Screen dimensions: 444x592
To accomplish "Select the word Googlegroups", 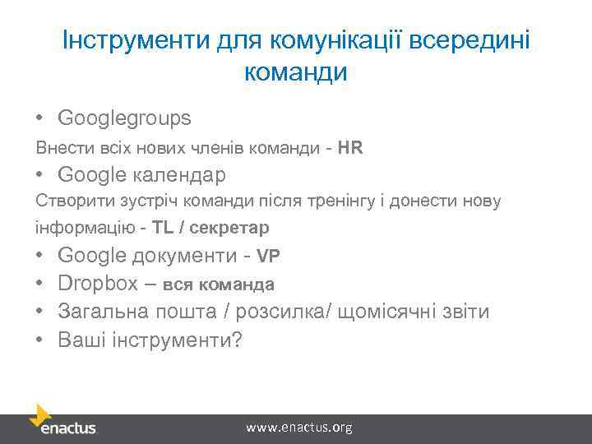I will (x=125, y=118).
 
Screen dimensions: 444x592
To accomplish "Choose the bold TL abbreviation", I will (x=162, y=226).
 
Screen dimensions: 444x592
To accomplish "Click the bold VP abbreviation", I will (x=269, y=256).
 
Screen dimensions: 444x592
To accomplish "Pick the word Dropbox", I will (x=98, y=284).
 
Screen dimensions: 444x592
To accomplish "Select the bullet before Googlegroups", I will (x=39, y=119).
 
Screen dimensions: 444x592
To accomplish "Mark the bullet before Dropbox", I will (x=39, y=284).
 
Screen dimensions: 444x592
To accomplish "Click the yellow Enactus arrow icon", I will (x=40, y=414).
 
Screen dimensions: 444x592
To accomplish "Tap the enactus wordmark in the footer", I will (x=68, y=428).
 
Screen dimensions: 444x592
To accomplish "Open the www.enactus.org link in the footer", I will (x=299, y=428).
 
